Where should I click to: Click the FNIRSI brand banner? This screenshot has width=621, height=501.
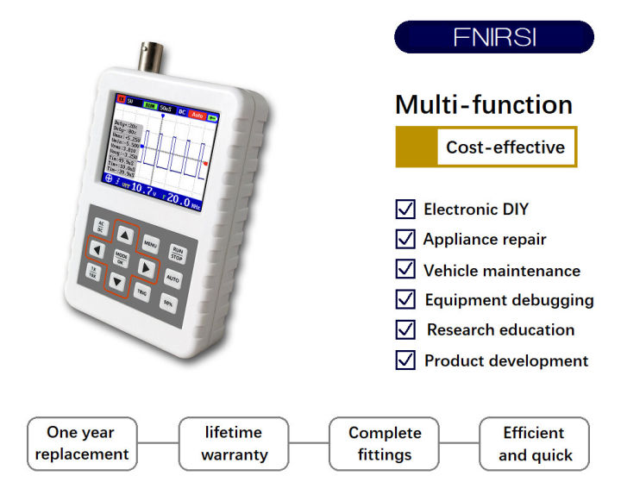[x=493, y=38]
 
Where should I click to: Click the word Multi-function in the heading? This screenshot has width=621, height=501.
[x=483, y=104]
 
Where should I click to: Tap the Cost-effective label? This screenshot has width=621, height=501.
[x=505, y=147]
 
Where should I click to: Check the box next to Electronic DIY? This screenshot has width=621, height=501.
[x=405, y=209]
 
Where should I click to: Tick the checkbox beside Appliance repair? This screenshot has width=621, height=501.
[x=405, y=239]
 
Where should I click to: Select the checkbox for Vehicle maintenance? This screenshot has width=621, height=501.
[x=405, y=269]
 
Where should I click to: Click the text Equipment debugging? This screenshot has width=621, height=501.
[x=509, y=300]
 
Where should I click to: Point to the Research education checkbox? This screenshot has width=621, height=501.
[x=405, y=329]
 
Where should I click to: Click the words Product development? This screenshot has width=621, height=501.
[x=505, y=360]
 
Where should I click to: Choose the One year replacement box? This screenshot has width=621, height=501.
[x=81, y=443]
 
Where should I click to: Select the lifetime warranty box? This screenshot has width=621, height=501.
[x=234, y=443]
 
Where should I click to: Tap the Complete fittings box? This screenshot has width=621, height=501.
[x=385, y=443]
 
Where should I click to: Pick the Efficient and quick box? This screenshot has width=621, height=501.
[x=534, y=443]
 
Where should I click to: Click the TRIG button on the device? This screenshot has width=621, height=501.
[x=142, y=293]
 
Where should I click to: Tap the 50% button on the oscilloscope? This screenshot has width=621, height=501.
[x=168, y=304]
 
